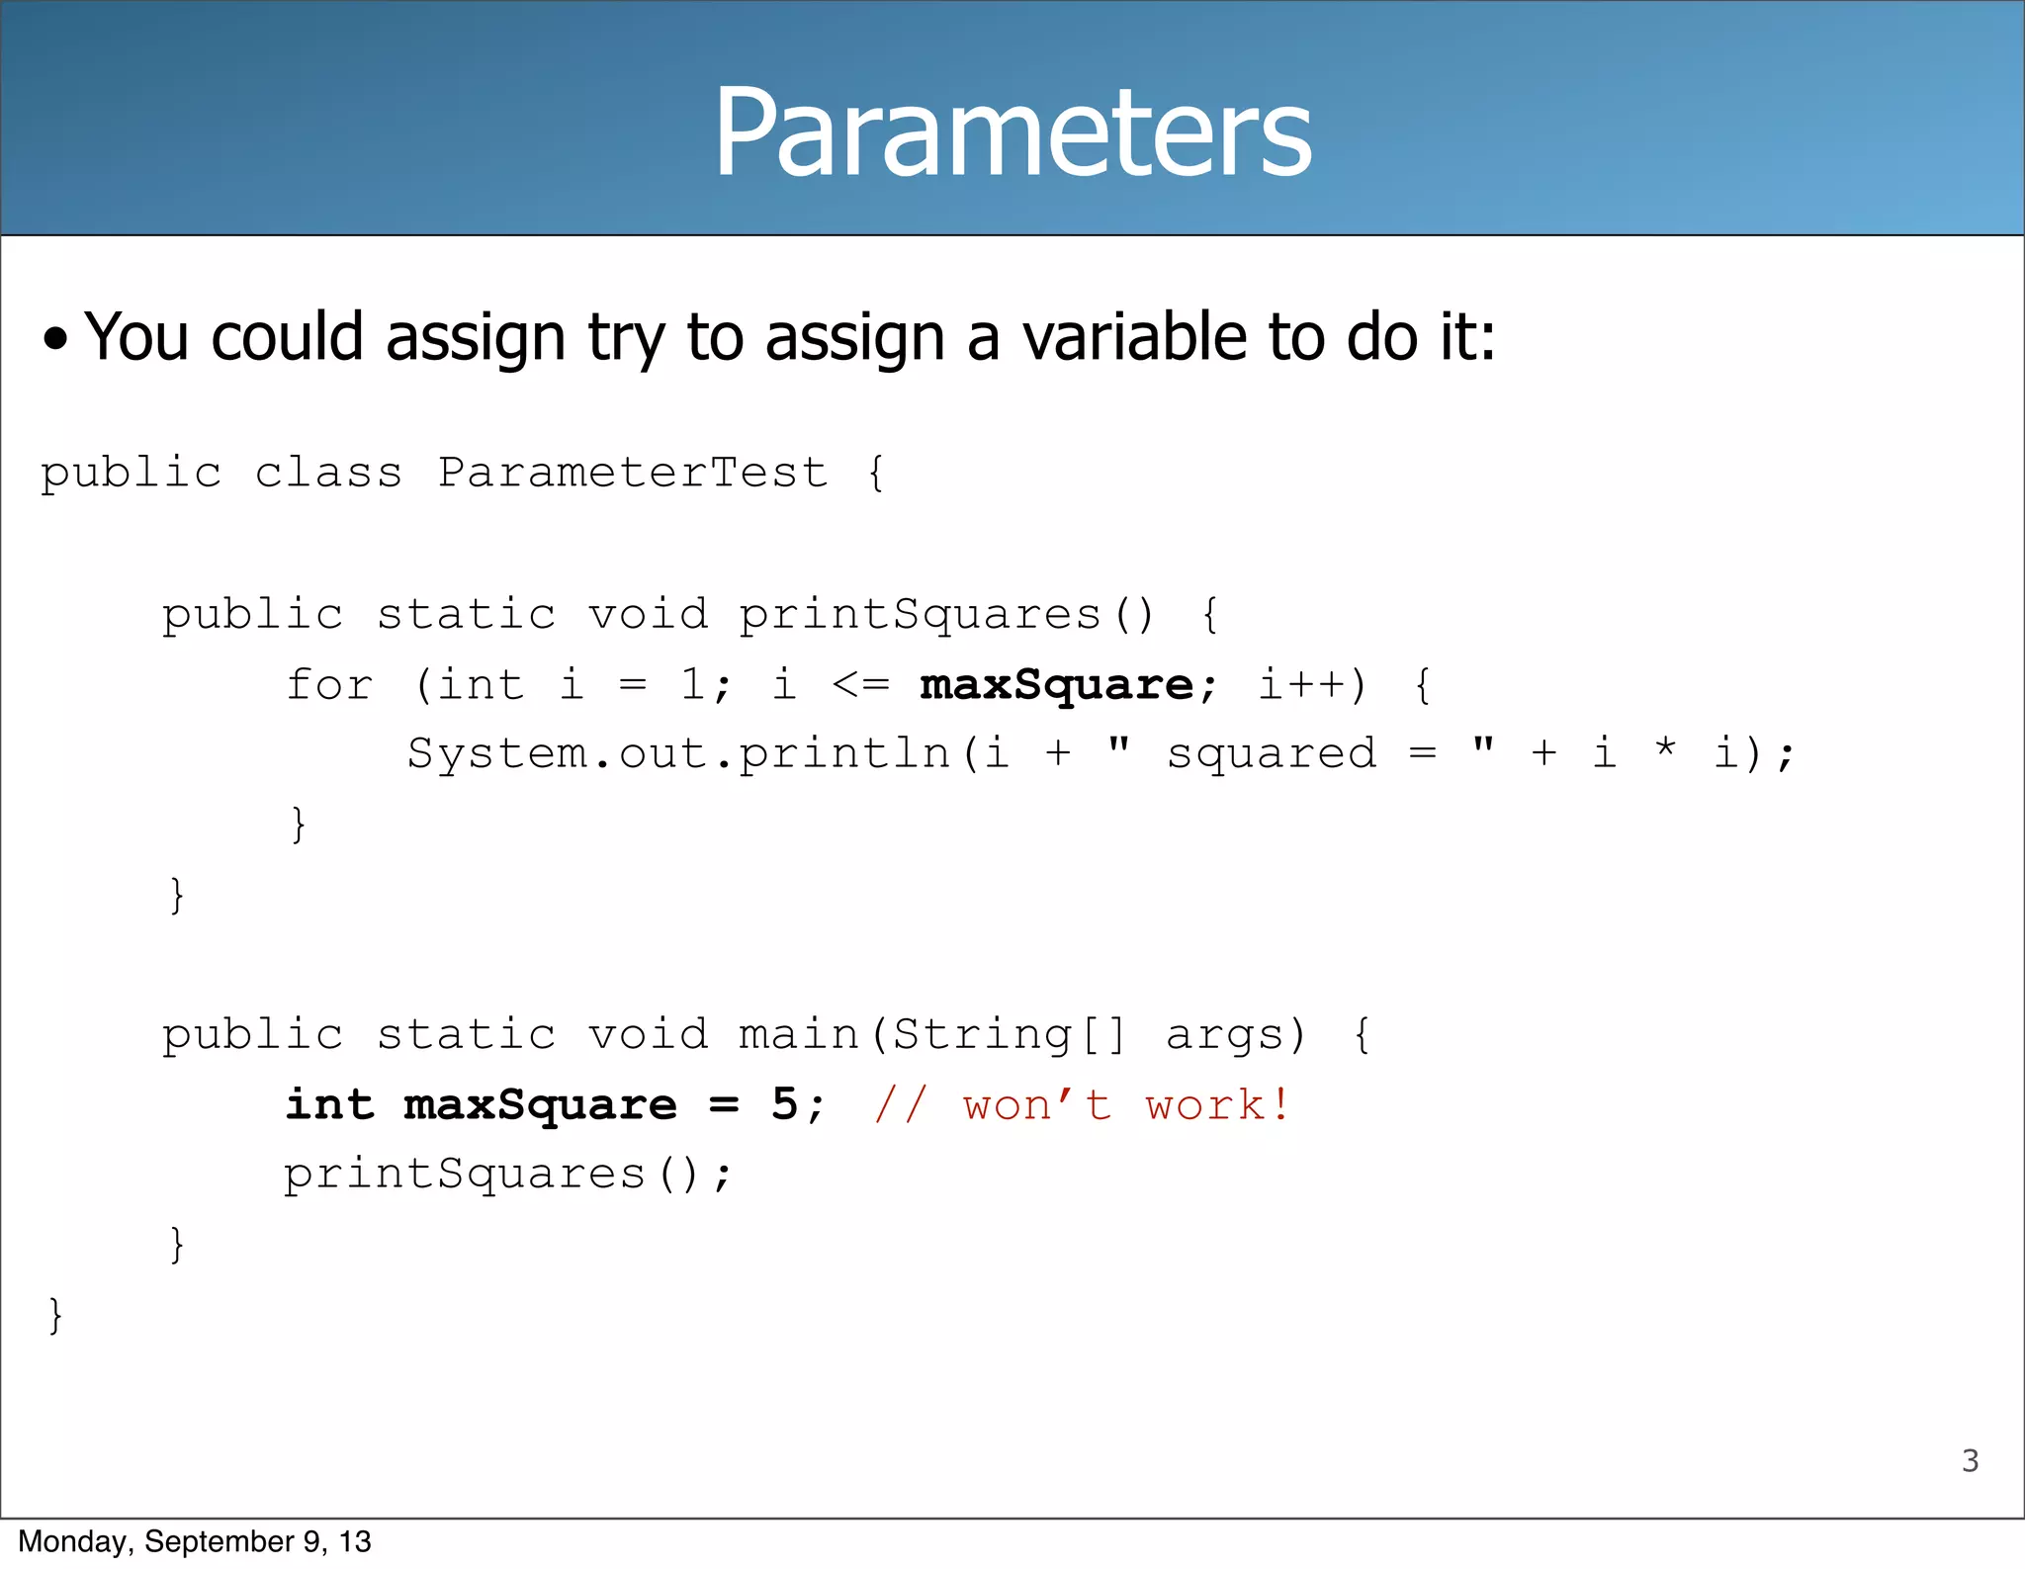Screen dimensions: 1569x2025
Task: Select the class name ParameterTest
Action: click(x=633, y=473)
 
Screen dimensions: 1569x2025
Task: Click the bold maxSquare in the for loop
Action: click(x=1056, y=685)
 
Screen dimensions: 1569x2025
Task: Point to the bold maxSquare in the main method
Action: click(x=540, y=1105)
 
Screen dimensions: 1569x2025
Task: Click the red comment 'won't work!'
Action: click(x=1126, y=1105)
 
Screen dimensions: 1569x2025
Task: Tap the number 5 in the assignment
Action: click(x=784, y=1104)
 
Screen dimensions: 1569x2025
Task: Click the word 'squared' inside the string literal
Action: click(x=1272, y=754)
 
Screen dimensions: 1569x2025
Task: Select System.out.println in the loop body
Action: click(x=678, y=754)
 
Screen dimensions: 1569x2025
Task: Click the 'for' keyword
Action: click(x=329, y=685)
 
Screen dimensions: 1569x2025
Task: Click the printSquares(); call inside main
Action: click(x=507, y=1176)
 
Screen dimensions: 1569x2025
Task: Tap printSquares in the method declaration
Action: click(x=920, y=615)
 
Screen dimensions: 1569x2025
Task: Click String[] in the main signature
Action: click(x=1009, y=1035)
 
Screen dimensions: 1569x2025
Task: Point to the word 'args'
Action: click(x=1226, y=1035)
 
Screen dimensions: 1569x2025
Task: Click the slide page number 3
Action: click(x=1970, y=1460)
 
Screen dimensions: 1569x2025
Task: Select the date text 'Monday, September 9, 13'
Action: click(x=195, y=1541)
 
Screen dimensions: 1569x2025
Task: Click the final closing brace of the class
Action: click(x=55, y=1316)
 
